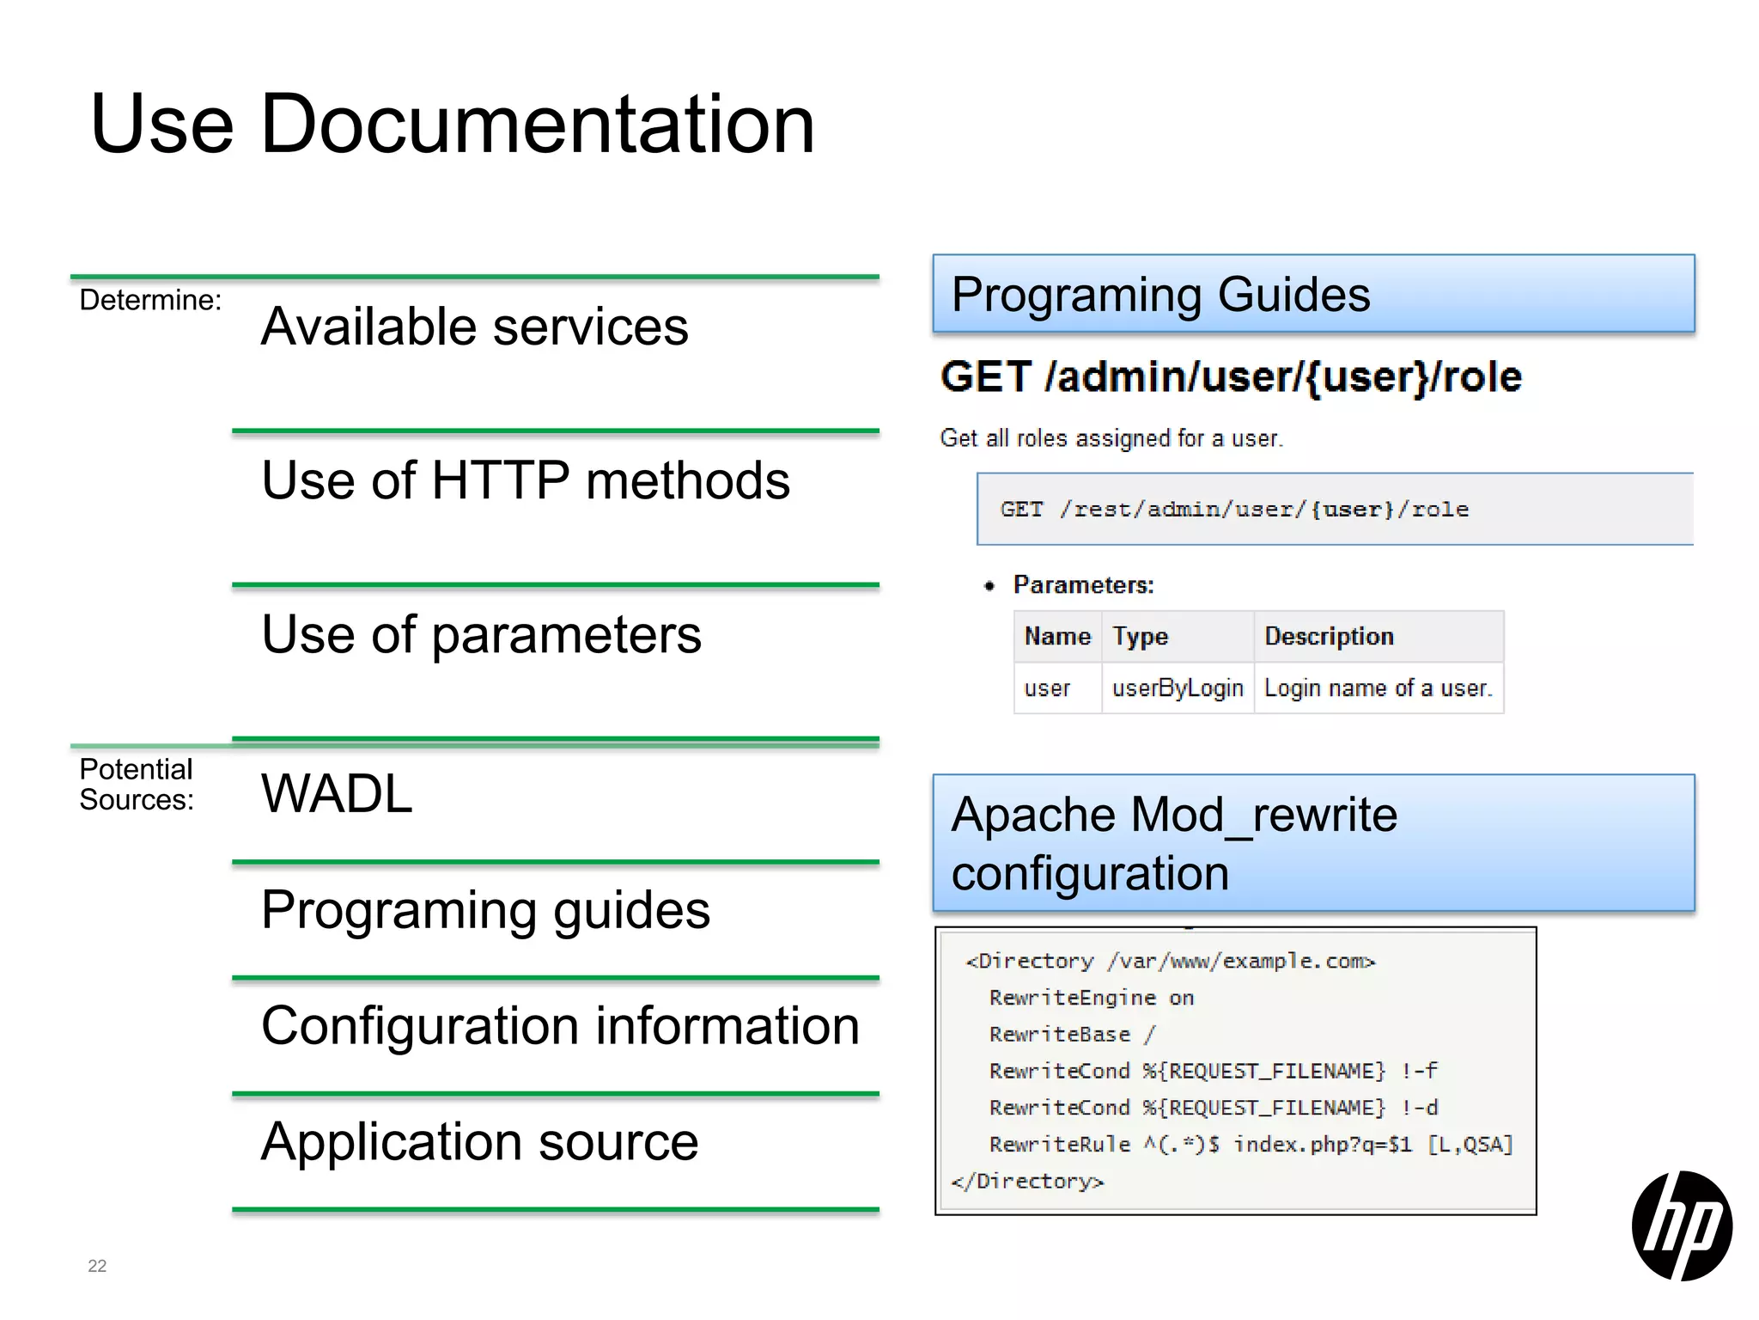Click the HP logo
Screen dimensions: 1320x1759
pos(1681,1225)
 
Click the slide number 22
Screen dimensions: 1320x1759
pos(97,1266)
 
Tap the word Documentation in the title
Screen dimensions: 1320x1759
pos(537,125)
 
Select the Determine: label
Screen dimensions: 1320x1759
pos(150,300)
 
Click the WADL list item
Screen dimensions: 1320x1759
pos(337,793)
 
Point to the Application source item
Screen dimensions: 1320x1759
pos(479,1142)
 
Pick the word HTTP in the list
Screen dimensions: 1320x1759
pos(501,480)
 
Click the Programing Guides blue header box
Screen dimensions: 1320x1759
pos(1313,294)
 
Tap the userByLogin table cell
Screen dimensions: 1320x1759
pos(1178,688)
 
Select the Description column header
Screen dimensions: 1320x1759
pos(1329,637)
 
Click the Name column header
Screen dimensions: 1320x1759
pos(1057,637)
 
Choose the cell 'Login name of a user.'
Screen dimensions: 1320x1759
pos(1379,688)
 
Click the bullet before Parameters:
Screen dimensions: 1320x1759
pos(989,586)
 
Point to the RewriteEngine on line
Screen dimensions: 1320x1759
pos(1091,998)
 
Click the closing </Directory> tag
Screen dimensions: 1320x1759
pos(1027,1182)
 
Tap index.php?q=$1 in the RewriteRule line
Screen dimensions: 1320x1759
pos(1323,1145)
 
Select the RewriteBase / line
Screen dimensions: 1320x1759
pos(1072,1035)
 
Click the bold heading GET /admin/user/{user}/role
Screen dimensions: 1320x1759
pos(1231,377)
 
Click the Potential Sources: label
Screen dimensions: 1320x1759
pos(137,785)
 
